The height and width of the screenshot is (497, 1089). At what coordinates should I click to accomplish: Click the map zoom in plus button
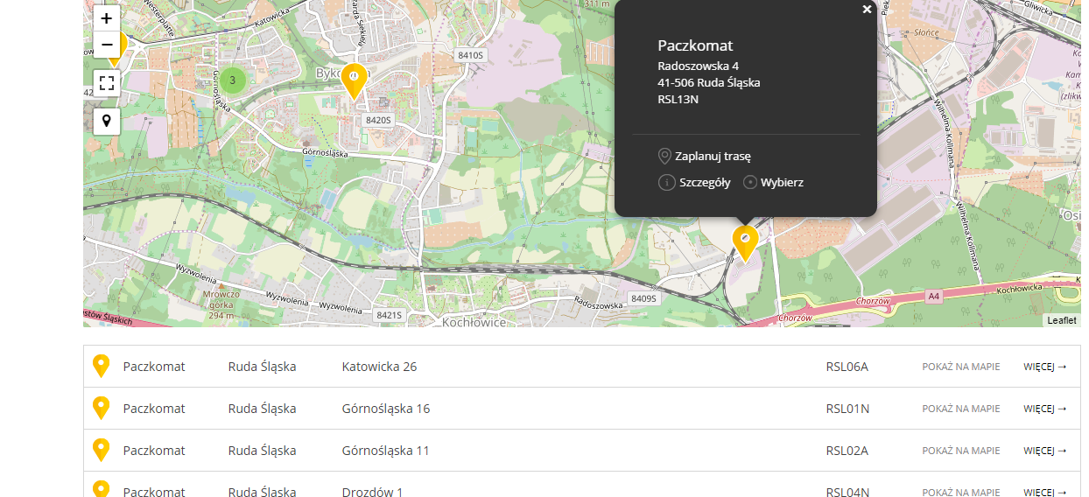(x=107, y=18)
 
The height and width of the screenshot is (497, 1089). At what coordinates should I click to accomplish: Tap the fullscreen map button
(x=107, y=83)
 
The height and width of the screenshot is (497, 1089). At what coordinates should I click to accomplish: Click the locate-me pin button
(x=107, y=121)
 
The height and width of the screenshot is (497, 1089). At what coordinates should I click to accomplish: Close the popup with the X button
(x=867, y=10)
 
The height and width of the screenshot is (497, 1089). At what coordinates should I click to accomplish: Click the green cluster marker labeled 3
(x=232, y=80)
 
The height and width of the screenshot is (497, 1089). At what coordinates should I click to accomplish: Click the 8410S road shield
(x=470, y=55)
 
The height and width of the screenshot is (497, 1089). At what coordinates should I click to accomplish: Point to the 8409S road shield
(x=643, y=298)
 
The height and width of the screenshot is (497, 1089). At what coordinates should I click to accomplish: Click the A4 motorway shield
(x=934, y=297)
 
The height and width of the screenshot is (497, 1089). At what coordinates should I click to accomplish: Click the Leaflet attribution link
(x=1062, y=320)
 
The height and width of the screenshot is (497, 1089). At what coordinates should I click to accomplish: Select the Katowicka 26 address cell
(x=379, y=367)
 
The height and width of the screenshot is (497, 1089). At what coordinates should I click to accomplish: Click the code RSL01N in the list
(x=847, y=409)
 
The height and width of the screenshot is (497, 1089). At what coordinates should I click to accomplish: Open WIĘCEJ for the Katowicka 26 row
(x=1044, y=367)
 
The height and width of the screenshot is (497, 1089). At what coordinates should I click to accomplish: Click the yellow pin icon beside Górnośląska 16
(x=102, y=408)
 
